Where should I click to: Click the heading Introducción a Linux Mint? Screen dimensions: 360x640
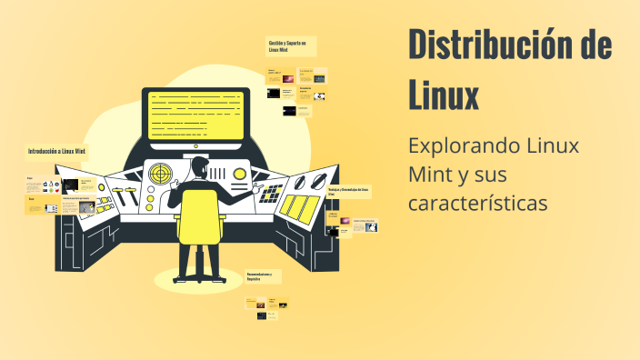pyautogui.click(x=56, y=150)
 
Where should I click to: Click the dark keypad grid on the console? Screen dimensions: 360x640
pyautogui.click(x=272, y=194)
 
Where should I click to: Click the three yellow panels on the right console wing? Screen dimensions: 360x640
pyautogui.click(x=301, y=206)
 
